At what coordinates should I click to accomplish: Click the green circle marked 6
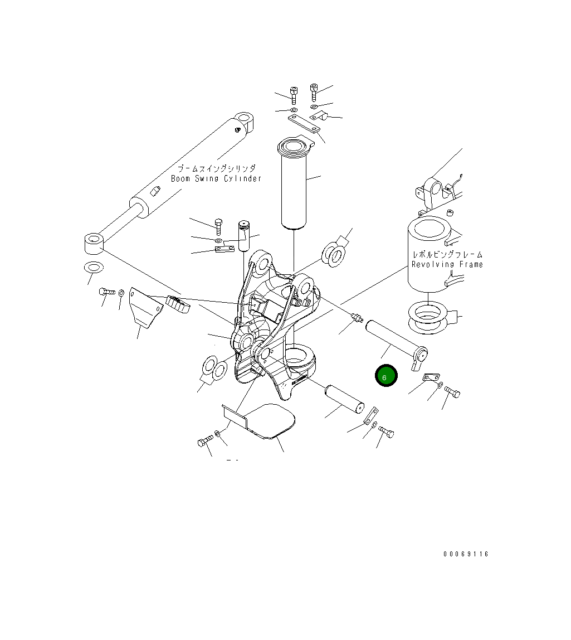pos(385,376)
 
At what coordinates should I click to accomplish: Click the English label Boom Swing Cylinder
pos(216,178)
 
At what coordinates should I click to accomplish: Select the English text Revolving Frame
pos(447,264)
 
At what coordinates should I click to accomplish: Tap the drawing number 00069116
pos(466,554)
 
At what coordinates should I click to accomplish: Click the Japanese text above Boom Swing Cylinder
pos(217,168)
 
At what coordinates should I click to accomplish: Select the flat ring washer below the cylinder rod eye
pos(92,268)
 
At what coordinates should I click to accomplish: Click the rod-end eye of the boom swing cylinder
pos(93,244)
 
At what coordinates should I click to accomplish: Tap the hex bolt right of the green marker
pos(452,393)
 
